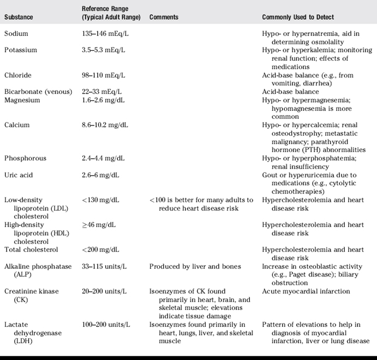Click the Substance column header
(x=19, y=17)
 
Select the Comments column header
(x=164, y=17)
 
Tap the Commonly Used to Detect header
(x=298, y=17)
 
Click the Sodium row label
(x=16, y=34)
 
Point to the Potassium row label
(x=21, y=50)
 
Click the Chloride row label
(x=18, y=75)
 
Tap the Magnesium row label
(x=22, y=100)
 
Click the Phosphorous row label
(x=25, y=158)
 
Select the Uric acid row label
(x=19, y=175)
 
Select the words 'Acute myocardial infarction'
(x=306, y=291)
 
